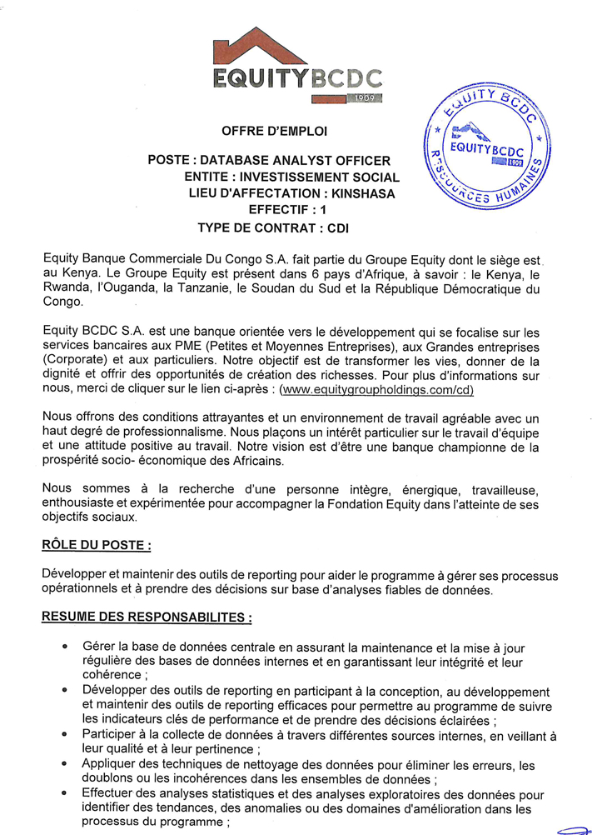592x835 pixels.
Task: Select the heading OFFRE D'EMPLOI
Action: (x=274, y=132)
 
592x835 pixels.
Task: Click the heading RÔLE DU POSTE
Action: (x=96, y=546)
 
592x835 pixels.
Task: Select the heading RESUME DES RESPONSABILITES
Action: (x=146, y=619)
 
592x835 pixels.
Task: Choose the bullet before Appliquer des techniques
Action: (x=65, y=764)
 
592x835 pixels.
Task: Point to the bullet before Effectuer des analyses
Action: (x=65, y=792)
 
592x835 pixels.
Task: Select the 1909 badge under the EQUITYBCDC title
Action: (x=366, y=99)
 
